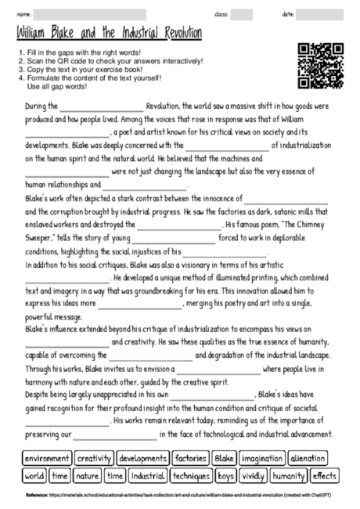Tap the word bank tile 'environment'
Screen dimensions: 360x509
pos(47,458)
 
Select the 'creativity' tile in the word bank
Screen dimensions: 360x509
pos(95,458)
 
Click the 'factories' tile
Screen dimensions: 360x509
pos(190,458)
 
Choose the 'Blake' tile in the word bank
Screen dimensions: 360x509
pos(224,458)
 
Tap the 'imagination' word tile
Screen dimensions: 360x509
pos(261,458)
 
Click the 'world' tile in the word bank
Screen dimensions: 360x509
pos(34,475)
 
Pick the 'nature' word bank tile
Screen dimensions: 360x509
pos(87,475)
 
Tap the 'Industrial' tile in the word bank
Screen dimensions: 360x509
pos(148,475)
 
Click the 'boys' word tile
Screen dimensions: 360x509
pos(227,475)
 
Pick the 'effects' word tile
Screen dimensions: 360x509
pos(324,475)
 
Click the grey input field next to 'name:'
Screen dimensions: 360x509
pos(90,15)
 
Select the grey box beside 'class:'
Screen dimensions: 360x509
pos(242,15)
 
